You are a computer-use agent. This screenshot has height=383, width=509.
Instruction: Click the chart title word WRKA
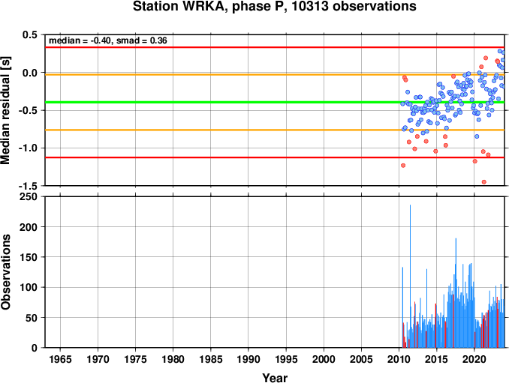pos(204,6)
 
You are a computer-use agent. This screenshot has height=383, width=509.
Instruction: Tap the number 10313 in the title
pos(310,6)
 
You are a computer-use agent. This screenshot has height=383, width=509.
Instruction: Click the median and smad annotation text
pos(108,40)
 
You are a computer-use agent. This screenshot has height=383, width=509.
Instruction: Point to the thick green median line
pos(275,103)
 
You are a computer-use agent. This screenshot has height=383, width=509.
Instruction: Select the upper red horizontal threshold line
pos(275,47)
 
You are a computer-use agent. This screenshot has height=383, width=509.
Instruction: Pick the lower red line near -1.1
pos(275,157)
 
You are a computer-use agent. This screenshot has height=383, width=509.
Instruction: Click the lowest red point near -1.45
pos(484,182)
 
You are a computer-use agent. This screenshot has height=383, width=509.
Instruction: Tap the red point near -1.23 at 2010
pos(403,166)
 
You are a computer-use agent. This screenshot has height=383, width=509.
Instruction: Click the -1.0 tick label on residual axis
pos(29,148)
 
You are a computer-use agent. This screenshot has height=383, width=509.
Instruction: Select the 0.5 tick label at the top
pos(30,34)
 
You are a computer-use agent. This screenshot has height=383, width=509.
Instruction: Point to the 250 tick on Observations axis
pos(29,196)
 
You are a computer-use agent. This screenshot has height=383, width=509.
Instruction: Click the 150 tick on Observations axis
pos(29,257)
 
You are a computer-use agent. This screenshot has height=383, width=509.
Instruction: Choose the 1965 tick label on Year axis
pos(60,359)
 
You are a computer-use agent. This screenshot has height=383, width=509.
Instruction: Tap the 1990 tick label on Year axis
pos(248,359)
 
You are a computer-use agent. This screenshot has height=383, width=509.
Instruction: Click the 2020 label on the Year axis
pos(474,359)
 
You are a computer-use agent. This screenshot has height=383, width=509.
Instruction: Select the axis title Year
pos(275,378)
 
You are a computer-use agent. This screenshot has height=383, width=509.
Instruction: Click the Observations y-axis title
pos(6,272)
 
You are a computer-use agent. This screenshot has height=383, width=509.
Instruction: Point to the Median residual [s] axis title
pos(5,110)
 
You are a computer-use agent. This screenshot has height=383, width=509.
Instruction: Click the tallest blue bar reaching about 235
pos(410,276)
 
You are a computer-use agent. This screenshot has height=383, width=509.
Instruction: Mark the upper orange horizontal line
pos(275,75)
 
